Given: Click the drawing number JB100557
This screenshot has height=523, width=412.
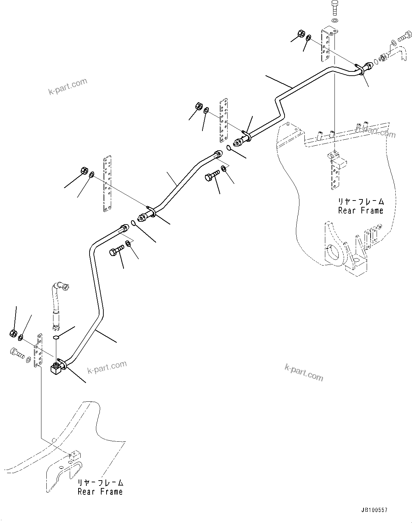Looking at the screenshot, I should tap(374, 510).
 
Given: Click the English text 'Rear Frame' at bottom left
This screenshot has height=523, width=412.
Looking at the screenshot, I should tap(100, 492).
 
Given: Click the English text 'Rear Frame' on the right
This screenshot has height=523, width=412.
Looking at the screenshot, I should tap(360, 211).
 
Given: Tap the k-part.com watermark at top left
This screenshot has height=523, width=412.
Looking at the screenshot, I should tap(68, 87).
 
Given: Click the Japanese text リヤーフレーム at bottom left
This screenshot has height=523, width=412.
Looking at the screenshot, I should tap(100, 483).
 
